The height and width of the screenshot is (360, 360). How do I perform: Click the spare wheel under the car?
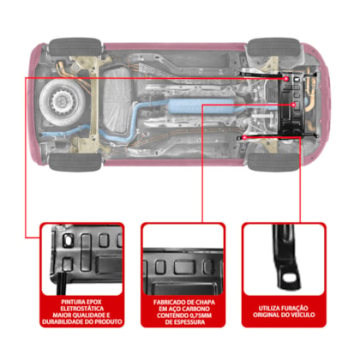pyautogui.click(x=63, y=101)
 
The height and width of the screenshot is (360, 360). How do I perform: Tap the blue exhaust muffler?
pyautogui.click(x=201, y=106)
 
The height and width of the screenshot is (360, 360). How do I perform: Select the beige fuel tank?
pyautogui.click(x=117, y=101)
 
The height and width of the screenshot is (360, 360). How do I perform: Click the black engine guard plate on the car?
pyautogui.click(x=291, y=105)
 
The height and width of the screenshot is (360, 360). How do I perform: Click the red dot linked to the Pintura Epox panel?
pyautogui.click(x=286, y=78)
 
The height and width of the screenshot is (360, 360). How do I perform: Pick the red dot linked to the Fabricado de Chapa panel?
pyautogui.click(x=293, y=105)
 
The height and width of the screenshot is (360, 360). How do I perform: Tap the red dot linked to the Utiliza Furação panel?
pyautogui.click(x=244, y=138)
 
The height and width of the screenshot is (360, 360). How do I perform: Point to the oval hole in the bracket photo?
pyautogui.click(x=289, y=277)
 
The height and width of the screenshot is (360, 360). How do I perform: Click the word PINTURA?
pyautogui.click(x=70, y=302)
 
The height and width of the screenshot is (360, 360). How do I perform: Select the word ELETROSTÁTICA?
pyautogui.click(x=82, y=309)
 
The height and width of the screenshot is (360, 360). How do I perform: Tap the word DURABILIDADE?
pyautogui.click(x=63, y=322)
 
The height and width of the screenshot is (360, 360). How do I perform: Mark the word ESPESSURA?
pyautogui.click(x=189, y=322)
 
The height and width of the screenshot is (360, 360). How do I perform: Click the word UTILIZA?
pyautogui.click(x=269, y=309)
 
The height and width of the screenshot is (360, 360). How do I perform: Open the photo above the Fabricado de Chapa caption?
pyautogui.click(x=183, y=259)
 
